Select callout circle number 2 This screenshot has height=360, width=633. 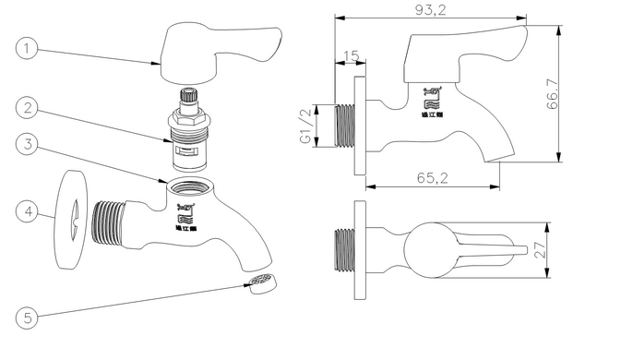coord(30,109)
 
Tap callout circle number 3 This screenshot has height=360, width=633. coord(30,145)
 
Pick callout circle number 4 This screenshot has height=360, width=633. coord(30,212)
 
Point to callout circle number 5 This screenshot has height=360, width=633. coord(30,318)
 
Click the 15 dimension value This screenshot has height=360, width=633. coord(351,57)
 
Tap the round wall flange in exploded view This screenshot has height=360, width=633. coord(70,220)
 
